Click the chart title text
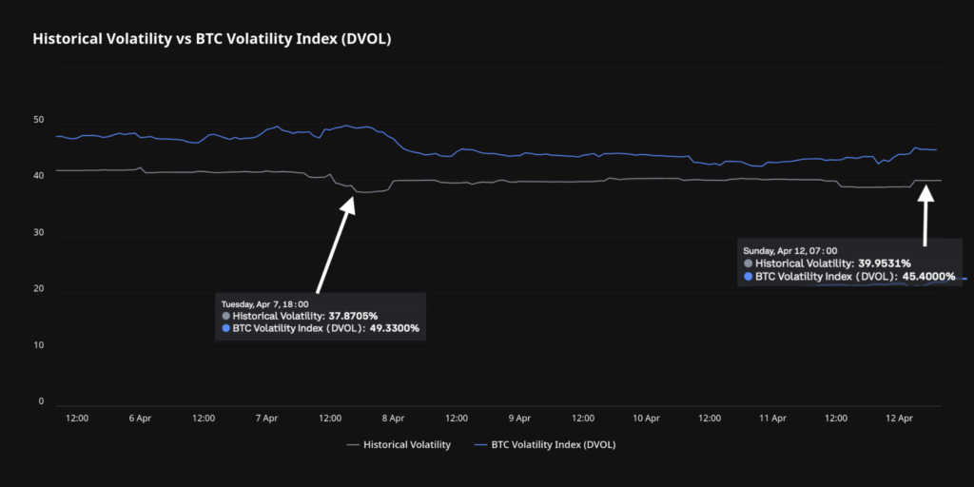pos(212,39)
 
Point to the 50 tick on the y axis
pos(38,120)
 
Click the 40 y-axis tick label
pos(38,176)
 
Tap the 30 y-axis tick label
pos(38,233)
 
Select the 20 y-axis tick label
pos(38,289)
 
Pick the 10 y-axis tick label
pos(38,345)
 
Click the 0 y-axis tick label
pos(41,401)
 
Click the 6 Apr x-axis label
pos(140,418)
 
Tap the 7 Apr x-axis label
pos(266,418)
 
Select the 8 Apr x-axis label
pos(393,418)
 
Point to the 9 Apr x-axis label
pos(519,418)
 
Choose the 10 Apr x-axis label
pos(646,418)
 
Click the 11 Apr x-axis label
pos(772,418)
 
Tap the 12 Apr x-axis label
pos(899,418)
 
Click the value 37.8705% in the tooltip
pos(353,316)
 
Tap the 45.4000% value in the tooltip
pos(924,277)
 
